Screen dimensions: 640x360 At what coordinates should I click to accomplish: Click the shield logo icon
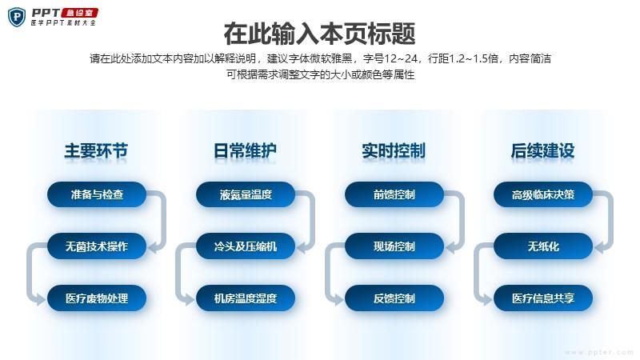(17, 17)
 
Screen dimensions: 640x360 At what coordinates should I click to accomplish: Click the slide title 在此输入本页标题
(319, 34)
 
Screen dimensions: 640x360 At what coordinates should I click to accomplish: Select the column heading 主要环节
(96, 150)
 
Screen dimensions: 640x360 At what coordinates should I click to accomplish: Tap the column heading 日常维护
(245, 150)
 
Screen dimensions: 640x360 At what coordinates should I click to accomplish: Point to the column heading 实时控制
(394, 150)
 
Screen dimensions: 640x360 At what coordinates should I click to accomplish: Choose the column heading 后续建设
(543, 150)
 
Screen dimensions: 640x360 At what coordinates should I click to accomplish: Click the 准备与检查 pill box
(97, 194)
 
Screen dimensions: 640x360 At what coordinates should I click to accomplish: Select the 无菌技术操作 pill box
(97, 246)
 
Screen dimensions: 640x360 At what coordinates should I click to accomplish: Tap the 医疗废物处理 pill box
(97, 298)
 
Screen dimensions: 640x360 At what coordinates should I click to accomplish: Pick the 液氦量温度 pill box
(246, 194)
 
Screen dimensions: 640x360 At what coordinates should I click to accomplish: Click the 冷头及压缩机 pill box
(246, 246)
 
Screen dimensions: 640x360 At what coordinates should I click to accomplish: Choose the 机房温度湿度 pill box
(246, 298)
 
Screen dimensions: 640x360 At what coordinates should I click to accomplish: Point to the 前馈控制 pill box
(394, 194)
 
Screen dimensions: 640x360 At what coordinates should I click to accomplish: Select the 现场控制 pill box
(394, 246)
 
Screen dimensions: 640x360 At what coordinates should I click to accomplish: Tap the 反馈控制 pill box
(394, 298)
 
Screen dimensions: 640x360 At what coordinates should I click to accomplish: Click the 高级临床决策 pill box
(543, 194)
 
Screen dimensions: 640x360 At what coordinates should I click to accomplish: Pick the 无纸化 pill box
(543, 246)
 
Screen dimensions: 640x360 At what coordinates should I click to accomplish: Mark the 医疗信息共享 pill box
(543, 298)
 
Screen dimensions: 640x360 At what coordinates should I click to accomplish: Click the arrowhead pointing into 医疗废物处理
(40, 299)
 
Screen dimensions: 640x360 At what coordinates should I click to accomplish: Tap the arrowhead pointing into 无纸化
(599, 247)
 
